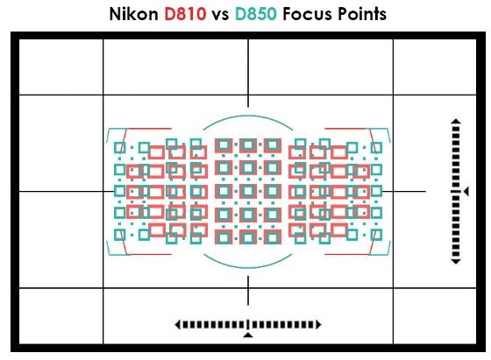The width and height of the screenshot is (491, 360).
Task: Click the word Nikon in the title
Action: tap(133, 14)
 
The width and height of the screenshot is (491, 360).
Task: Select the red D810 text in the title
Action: tap(185, 14)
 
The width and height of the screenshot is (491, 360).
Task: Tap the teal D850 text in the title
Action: tap(255, 14)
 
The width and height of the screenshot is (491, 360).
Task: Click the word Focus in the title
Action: tap(307, 14)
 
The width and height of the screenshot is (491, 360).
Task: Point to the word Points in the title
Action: tap(362, 14)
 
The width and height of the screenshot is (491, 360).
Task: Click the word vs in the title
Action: tap(220, 15)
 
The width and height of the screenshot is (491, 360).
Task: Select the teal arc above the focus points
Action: tap(248, 117)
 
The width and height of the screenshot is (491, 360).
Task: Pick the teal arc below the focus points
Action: tap(248, 266)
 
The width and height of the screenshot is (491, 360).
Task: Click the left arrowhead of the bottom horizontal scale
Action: tap(177, 324)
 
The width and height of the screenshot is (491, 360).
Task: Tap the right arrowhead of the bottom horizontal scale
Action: tap(318, 324)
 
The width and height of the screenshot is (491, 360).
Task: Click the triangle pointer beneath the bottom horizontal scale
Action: tap(248, 335)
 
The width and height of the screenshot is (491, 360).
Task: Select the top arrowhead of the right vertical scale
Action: tap(456, 121)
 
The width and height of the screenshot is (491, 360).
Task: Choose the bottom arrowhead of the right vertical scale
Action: tap(456, 261)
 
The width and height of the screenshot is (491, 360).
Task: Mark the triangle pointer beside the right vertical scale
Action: tap(466, 191)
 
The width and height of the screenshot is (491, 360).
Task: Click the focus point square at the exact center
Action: tap(248, 191)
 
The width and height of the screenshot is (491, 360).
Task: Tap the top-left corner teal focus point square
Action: tap(119, 148)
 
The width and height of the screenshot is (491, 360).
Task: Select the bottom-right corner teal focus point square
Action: tap(376, 235)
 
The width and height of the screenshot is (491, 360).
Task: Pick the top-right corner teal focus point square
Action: tap(376, 148)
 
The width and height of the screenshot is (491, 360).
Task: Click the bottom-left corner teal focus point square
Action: tap(119, 235)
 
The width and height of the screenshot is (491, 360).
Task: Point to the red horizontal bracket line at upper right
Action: tap(345, 128)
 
